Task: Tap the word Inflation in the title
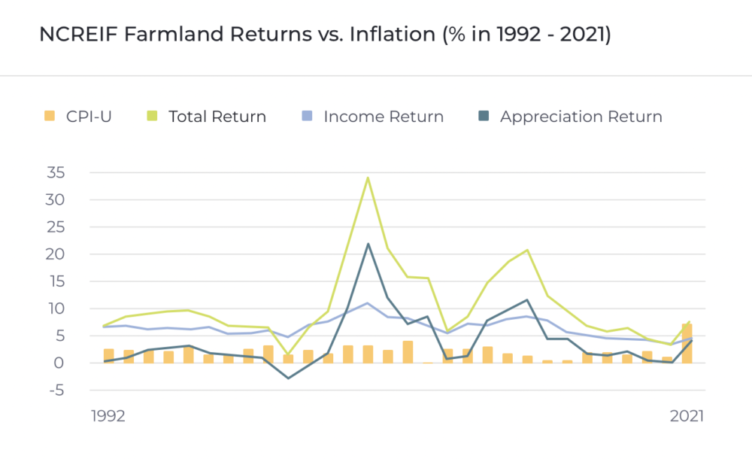tap(393, 35)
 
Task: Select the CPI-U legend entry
tap(77, 116)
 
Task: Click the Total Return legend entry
tap(206, 116)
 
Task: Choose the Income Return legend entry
tap(373, 116)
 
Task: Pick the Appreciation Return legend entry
tap(570, 117)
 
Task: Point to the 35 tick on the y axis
tap(56, 172)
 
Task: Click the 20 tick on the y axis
tap(55, 254)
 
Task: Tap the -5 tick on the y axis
tap(56, 391)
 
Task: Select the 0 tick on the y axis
tap(59, 363)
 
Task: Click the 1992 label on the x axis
tap(108, 415)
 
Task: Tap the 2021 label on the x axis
tap(687, 415)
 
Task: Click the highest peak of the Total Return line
tap(368, 178)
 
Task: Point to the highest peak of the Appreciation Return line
tap(368, 244)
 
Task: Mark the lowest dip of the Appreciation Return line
tap(288, 378)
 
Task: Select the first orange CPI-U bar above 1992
tap(109, 356)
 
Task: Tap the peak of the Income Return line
tap(368, 303)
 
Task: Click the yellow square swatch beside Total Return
tap(152, 116)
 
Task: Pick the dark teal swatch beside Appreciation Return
tap(484, 116)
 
